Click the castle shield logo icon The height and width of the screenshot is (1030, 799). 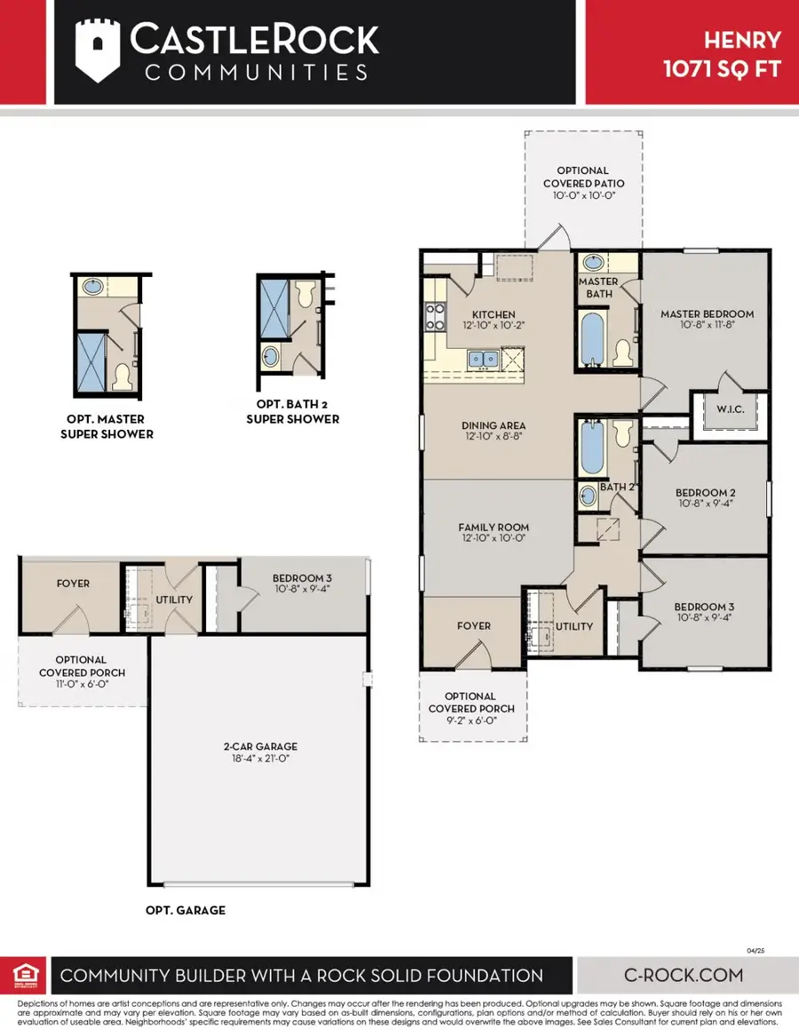tap(96, 52)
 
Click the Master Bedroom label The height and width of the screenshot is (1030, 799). tap(707, 313)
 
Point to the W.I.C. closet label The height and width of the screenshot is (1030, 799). tap(728, 410)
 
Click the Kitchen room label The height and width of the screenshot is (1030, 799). tap(494, 314)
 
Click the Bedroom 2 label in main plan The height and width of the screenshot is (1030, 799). tap(705, 492)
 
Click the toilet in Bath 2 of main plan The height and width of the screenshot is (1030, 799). tap(622, 434)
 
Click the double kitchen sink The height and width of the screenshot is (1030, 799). tap(484, 357)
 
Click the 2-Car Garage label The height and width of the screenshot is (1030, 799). tap(260, 747)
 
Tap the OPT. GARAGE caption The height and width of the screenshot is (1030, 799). tap(186, 910)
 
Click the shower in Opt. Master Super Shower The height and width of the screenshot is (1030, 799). tap(91, 361)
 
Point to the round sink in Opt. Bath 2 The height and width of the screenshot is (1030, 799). tap(270, 358)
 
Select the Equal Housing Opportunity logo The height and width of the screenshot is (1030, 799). tap(24, 974)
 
